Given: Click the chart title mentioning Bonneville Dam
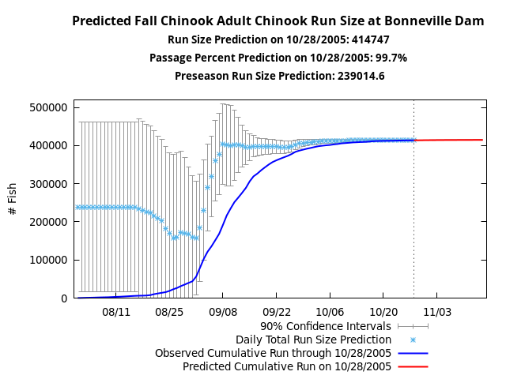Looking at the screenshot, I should click(x=278, y=21).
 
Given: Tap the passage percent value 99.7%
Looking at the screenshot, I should click(x=391, y=58).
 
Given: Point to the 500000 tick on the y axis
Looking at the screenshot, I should click(x=48, y=107).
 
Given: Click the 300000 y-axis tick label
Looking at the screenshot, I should click(x=48, y=184).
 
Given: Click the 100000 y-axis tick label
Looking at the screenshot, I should click(x=48, y=260).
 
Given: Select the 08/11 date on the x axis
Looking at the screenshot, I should click(x=116, y=312).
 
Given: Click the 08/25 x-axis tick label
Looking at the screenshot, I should click(x=169, y=312).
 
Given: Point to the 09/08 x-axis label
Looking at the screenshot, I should click(x=223, y=312).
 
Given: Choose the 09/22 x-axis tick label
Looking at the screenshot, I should click(x=277, y=312).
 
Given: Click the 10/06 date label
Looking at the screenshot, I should click(x=330, y=312).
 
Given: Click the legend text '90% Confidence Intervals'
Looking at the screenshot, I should click(x=326, y=325).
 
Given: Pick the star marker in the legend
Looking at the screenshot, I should click(x=413, y=339).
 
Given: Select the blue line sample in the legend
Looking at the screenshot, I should click(x=413, y=353).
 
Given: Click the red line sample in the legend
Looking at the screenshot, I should click(x=413, y=366).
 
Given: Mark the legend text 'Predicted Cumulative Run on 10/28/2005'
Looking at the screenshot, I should click(x=287, y=366).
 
